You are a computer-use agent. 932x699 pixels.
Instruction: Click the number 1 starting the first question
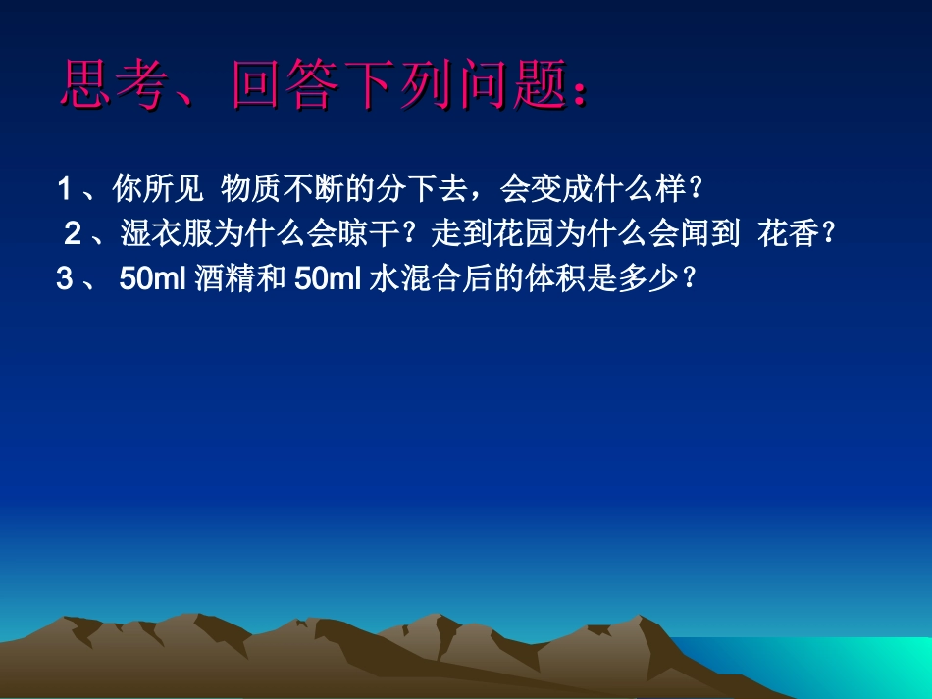pos(64,186)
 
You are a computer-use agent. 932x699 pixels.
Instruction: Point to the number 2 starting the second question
pos(72,233)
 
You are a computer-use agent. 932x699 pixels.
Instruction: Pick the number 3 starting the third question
pos(65,279)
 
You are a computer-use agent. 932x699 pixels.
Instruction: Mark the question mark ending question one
pos(698,186)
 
